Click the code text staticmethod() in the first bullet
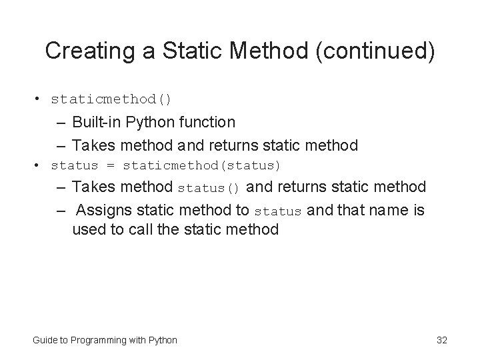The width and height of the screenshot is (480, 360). click(x=111, y=99)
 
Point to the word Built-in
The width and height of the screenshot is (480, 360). click(x=98, y=122)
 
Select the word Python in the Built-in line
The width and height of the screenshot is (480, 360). click(x=149, y=122)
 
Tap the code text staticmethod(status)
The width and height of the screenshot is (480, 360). click(x=202, y=165)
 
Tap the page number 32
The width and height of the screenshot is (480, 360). click(x=441, y=340)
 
